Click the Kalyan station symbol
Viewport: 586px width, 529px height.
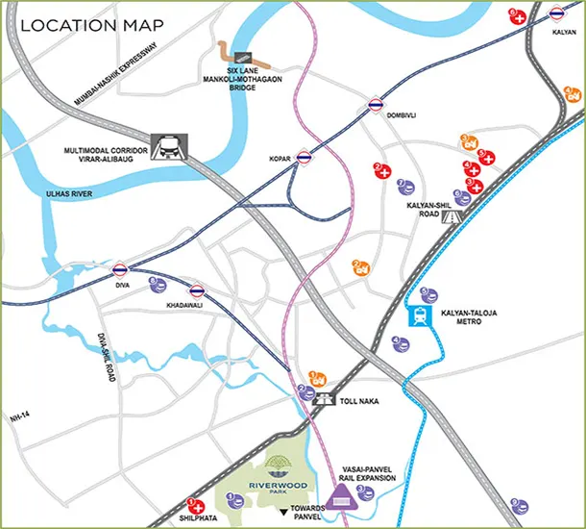coord(558,14)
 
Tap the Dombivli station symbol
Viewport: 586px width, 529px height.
coord(375,105)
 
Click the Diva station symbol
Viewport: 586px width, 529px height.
coord(120,269)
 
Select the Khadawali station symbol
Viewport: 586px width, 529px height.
coord(197,290)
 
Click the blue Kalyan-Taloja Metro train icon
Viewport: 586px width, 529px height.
coord(421,316)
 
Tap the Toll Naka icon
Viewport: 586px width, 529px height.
coord(329,395)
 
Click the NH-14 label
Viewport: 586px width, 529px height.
coord(20,418)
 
